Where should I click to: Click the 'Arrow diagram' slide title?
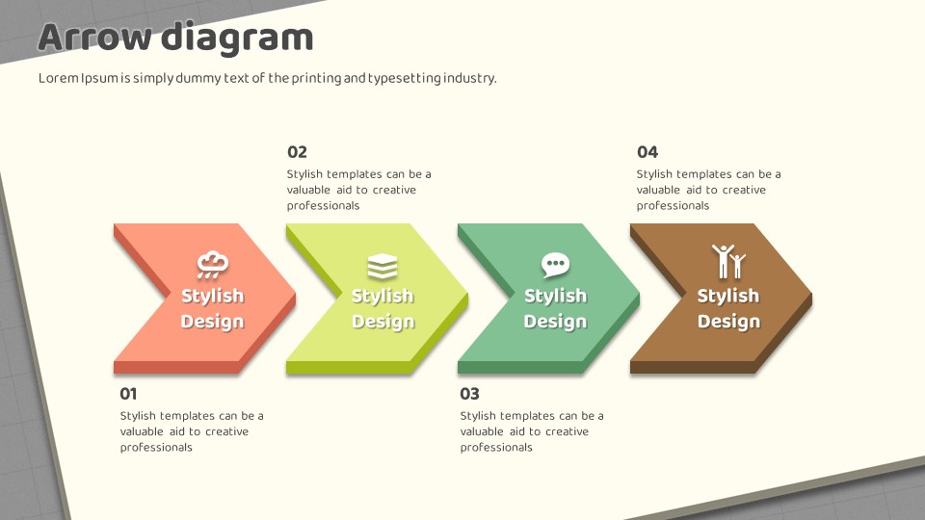(x=175, y=39)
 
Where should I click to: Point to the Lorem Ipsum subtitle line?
(x=267, y=78)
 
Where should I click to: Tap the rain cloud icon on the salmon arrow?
(x=212, y=265)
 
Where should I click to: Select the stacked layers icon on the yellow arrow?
(x=383, y=267)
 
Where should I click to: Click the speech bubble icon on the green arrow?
(x=555, y=265)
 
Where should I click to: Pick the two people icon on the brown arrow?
(x=728, y=261)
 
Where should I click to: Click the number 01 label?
(x=128, y=393)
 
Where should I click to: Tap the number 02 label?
(x=297, y=152)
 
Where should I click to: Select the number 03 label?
(x=469, y=393)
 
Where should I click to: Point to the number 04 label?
(x=647, y=152)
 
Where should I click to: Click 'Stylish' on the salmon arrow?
(x=212, y=296)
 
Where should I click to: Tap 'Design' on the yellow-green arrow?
(x=383, y=322)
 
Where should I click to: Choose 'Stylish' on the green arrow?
(x=555, y=296)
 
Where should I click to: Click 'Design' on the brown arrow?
(x=728, y=322)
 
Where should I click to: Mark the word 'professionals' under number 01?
(x=156, y=448)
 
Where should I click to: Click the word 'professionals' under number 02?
(x=324, y=206)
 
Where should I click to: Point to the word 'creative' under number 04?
(x=744, y=190)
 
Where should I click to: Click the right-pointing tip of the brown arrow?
(x=811, y=298)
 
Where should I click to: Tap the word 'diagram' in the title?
(x=237, y=39)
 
